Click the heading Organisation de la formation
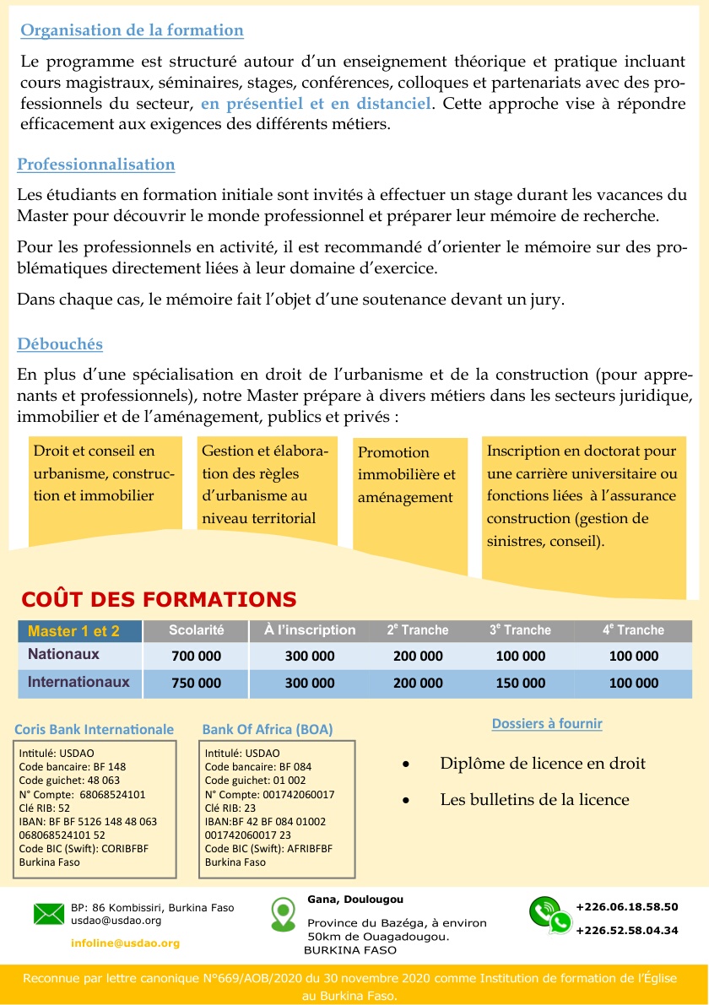click(132, 31)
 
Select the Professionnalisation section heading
click(96, 165)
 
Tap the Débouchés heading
click(60, 344)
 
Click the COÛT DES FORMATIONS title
click(159, 600)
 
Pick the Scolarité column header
click(196, 630)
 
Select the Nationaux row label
click(64, 654)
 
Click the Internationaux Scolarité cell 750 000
click(196, 684)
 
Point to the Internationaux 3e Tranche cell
click(521, 684)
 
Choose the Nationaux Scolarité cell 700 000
click(196, 656)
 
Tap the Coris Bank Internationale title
click(95, 729)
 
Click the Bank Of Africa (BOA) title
click(268, 729)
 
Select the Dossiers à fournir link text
click(547, 723)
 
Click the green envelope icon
click(49, 913)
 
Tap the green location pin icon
click(282, 914)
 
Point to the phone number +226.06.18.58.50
click(626, 907)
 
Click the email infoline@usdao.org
click(125, 943)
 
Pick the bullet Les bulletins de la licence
click(534, 799)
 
